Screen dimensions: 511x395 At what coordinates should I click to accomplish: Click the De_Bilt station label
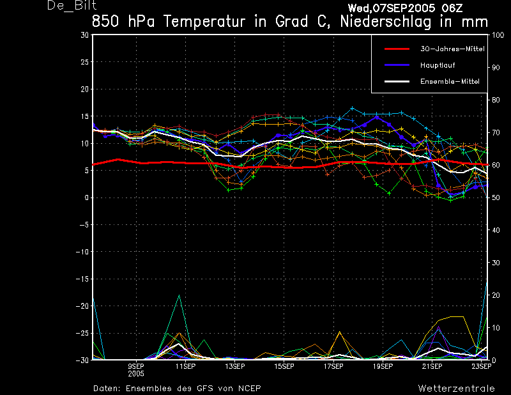[x=72, y=5]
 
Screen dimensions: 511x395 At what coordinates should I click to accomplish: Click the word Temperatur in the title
[x=204, y=22]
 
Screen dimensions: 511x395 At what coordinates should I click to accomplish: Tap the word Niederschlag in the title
[x=386, y=22]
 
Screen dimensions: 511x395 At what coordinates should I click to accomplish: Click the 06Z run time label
[x=452, y=8]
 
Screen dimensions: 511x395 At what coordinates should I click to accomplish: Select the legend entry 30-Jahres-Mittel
[x=452, y=49]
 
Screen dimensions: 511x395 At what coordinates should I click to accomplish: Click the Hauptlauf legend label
[x=438, y=65]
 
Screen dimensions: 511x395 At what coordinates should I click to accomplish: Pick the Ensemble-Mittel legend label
[x=450, y=82]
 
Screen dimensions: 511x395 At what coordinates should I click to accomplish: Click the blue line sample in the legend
[x=397, y=65]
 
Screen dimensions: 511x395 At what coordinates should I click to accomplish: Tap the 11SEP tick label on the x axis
[x=185, y=366]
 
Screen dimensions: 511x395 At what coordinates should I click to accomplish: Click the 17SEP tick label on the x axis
[x=333, y=366]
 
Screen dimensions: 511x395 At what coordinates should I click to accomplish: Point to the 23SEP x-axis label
[x=482, y=366]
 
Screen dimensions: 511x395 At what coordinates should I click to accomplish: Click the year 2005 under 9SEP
[x=136, y=374]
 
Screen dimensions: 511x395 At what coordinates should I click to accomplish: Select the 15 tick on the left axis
[x=85, y=116]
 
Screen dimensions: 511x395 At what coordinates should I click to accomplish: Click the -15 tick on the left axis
[x=82, y=279]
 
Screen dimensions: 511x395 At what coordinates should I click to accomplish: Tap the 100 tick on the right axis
[x=498, y=35]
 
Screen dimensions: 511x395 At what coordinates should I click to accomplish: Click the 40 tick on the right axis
[x=496, y=230]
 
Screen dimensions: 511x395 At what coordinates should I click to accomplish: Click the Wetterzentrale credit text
[x=456, y=389]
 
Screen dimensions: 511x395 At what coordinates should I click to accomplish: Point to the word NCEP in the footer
[x=249, y=389]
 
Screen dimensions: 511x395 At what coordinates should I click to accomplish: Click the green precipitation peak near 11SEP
[x=179, y=295]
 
